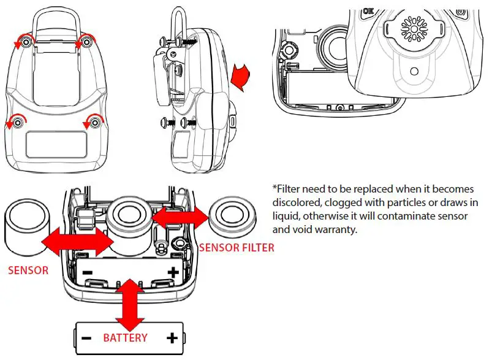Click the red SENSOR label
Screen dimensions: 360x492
click(28, 270)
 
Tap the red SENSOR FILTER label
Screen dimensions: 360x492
click(237, 248)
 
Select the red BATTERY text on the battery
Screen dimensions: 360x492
click(125, 338)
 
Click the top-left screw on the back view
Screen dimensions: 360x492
click(25, 42)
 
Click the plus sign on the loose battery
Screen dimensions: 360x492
click(172, 337)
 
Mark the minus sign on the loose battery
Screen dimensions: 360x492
click(85, 338)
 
